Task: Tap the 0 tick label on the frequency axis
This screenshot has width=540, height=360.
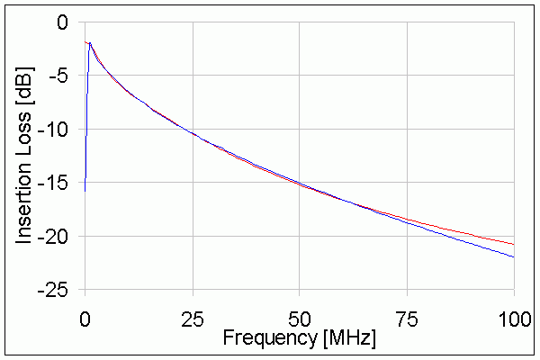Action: pos(85,318)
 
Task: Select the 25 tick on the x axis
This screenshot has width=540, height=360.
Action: pos(193,318)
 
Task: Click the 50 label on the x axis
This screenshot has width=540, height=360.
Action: pos(300,318)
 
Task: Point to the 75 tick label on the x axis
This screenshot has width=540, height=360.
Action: pos(407,318)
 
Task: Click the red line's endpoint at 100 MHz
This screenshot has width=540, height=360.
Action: pos(514,244)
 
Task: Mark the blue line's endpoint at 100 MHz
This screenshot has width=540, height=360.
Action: pos(514,257)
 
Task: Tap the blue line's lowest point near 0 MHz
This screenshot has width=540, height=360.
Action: pos(85,191)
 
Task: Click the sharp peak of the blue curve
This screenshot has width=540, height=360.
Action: pos(89,42)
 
